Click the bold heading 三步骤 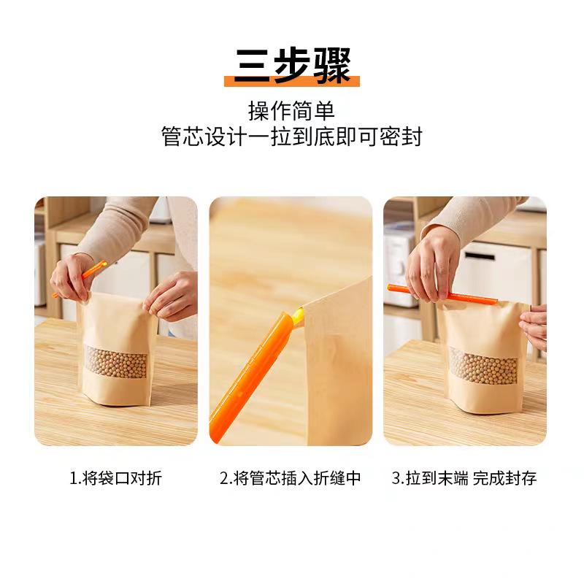(x=293, y=66)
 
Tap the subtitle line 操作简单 (x=291, y=111)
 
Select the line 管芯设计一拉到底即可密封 (x=292, y=137)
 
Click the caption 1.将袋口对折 (x=116, y=478)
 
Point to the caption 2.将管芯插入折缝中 (x=290, y=478)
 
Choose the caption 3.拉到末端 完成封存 (x=464, y=478)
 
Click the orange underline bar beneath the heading (x=292, y=81)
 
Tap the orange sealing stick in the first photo (x=80, y=279)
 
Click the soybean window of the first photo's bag (x=116, y=361)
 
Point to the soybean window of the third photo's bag (x=484, y=366)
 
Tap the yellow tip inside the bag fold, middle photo (x=299, y=315)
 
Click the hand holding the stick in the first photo (x=72, y=277)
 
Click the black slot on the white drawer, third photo (x=480, y=255)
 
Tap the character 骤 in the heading (x=332, y=66)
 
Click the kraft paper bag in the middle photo (x=337, y=361)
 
